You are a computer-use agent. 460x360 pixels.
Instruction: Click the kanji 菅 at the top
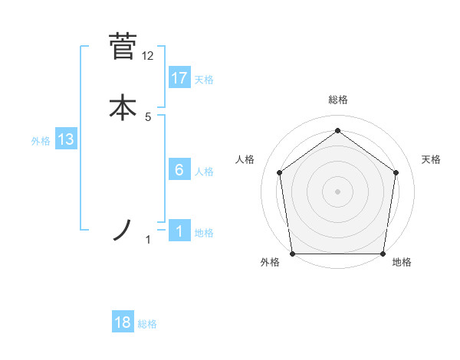point(123,46)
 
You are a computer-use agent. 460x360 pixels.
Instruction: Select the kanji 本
point(123,107)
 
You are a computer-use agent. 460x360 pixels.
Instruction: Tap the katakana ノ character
point(123,231)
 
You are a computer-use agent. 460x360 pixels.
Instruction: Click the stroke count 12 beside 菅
point(148,56)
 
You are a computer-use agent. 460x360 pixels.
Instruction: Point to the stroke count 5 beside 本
point(148,117)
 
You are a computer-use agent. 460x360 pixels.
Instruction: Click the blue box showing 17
point(179,78)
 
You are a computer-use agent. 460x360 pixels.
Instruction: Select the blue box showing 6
point(179,170)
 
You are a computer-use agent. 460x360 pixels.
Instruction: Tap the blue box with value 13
point(66,140)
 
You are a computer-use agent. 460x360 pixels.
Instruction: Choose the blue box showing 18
point(123,323)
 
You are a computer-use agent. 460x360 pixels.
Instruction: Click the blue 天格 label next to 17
point(204,80)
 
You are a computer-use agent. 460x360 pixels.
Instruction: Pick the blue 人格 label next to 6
point(204,172)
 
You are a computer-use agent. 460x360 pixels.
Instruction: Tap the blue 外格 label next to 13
point(41,141)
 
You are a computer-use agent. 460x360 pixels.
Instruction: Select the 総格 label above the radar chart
point(337,100)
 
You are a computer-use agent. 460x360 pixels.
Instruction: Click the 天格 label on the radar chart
point(431,159)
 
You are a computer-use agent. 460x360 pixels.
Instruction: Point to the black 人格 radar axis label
point(245,159)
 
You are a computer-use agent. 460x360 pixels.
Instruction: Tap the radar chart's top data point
point(337,131)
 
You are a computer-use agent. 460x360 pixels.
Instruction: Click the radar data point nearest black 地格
point(383,254)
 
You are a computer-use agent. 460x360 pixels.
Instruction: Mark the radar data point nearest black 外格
point(292,254)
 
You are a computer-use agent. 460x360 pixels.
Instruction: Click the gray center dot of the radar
point(337,191)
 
